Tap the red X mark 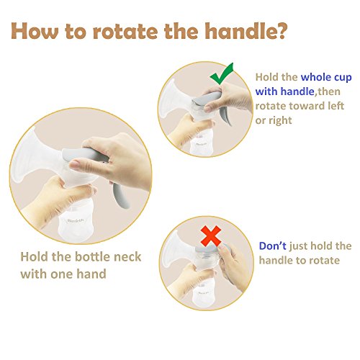211,236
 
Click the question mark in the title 279,31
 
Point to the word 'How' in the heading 35,31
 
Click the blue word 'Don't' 272,246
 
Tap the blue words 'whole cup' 326,78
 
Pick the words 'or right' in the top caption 274,120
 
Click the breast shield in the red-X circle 177,251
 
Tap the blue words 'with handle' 284,91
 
